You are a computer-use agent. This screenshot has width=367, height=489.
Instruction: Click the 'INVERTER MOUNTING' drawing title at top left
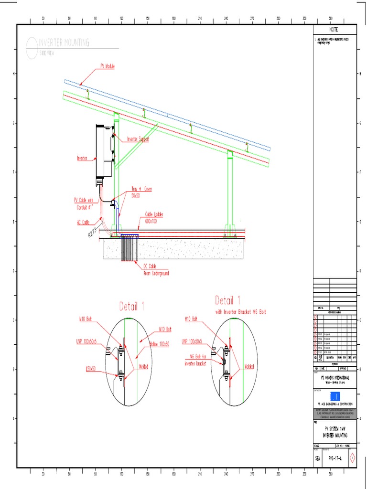click(64, 43)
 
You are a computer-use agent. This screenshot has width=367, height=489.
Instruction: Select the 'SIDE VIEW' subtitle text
click(47, 53)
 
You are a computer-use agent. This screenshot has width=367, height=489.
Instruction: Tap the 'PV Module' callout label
click(107, 66)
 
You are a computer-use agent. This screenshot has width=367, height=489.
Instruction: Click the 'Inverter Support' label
click(138, 139)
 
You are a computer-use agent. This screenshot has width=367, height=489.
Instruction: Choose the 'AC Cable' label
click(83, 222)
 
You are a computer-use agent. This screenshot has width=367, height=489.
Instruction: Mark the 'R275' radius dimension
click(93, 233)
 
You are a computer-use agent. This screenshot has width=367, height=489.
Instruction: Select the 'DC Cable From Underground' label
click(156, 270)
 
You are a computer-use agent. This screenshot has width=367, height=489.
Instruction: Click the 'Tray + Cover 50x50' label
click(141, 192)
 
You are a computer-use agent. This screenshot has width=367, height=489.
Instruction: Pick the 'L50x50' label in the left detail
click(91, 368)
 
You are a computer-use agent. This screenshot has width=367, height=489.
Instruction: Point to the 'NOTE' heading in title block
click(335, 29)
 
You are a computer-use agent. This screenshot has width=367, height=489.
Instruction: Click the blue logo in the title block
click(335, 396)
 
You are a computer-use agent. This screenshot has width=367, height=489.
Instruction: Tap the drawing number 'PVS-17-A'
click(337, 459)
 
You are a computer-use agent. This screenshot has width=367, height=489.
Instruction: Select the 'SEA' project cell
click(318, 459)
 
